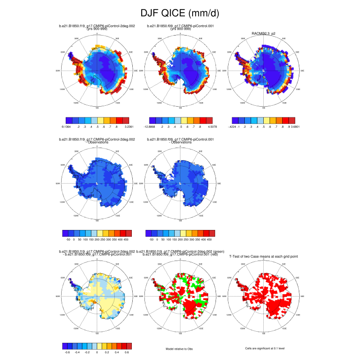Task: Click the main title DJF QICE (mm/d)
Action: [180, 13]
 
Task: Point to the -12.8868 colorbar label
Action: [155, 127]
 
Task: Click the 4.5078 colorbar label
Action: [210, 127]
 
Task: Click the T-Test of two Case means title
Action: [264, 256]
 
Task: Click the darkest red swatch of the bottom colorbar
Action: [129, 346]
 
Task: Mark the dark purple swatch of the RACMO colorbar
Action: [235, 121]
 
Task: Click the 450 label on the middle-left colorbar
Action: [128, 240]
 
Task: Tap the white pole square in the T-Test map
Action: [264, 297]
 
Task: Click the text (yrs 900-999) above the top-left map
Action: [97, 29]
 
